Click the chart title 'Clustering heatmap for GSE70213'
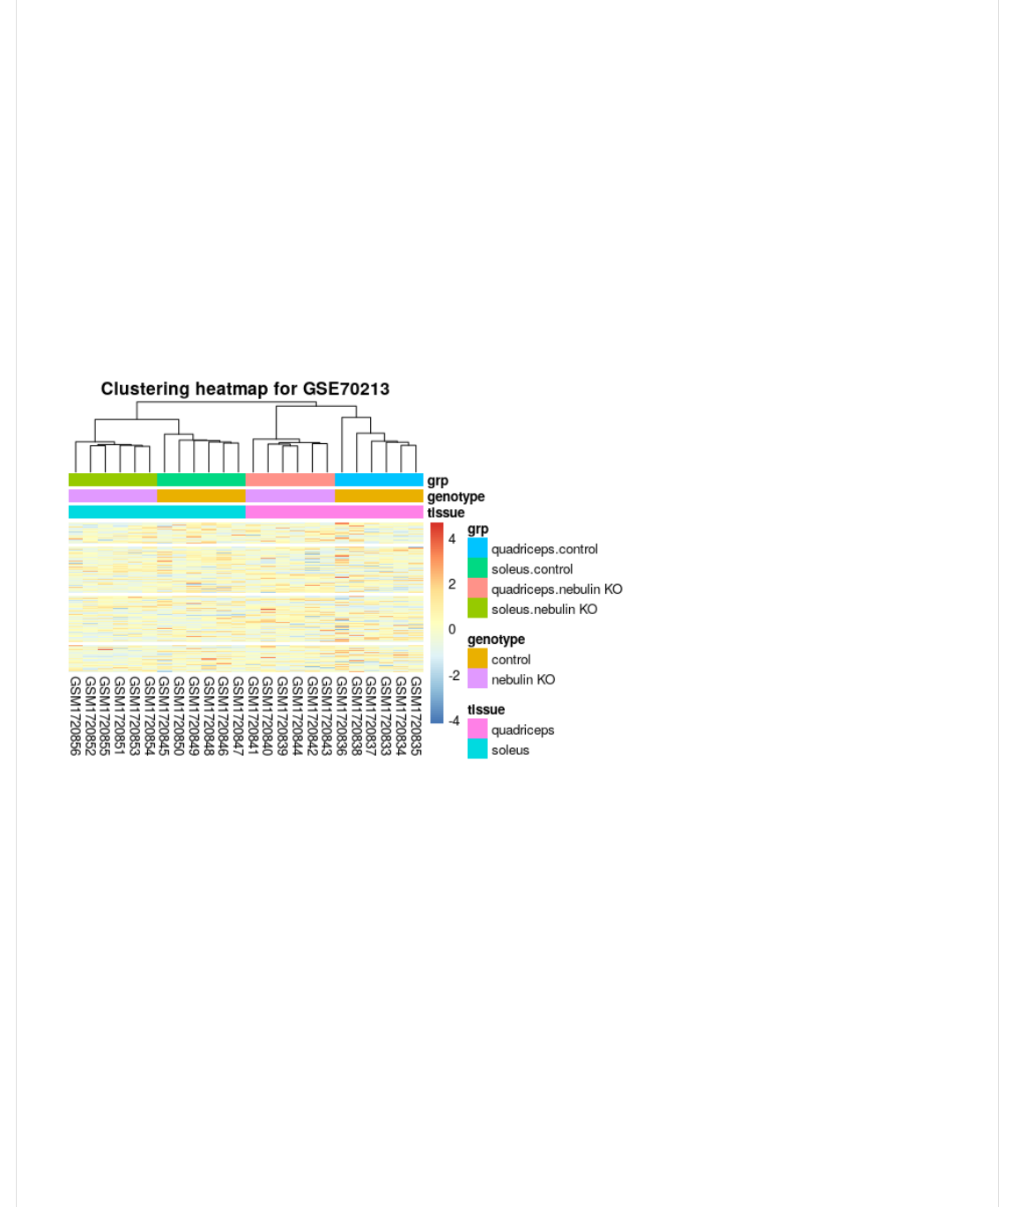[245, 389]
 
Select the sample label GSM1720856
[75, 715]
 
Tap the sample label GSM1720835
[416, 715]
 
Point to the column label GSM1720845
[164, 715]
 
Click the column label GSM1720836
[342, 715]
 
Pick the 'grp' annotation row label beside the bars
[438, 481]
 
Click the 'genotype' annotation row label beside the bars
[455, 497]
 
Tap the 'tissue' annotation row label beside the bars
[446, 513]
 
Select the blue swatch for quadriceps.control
[477, 549]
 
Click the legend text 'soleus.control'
[532, 569]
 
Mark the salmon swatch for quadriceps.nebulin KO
[477, 589]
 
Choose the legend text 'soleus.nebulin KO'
[544, 609]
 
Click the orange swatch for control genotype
[477, 659]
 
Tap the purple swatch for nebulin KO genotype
[477, 679]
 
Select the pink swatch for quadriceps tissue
[477, 729]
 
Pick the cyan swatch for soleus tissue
[477, 750]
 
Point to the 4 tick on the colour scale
[452, 538]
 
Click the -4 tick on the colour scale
[454, 721]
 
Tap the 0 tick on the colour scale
[452, 629]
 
